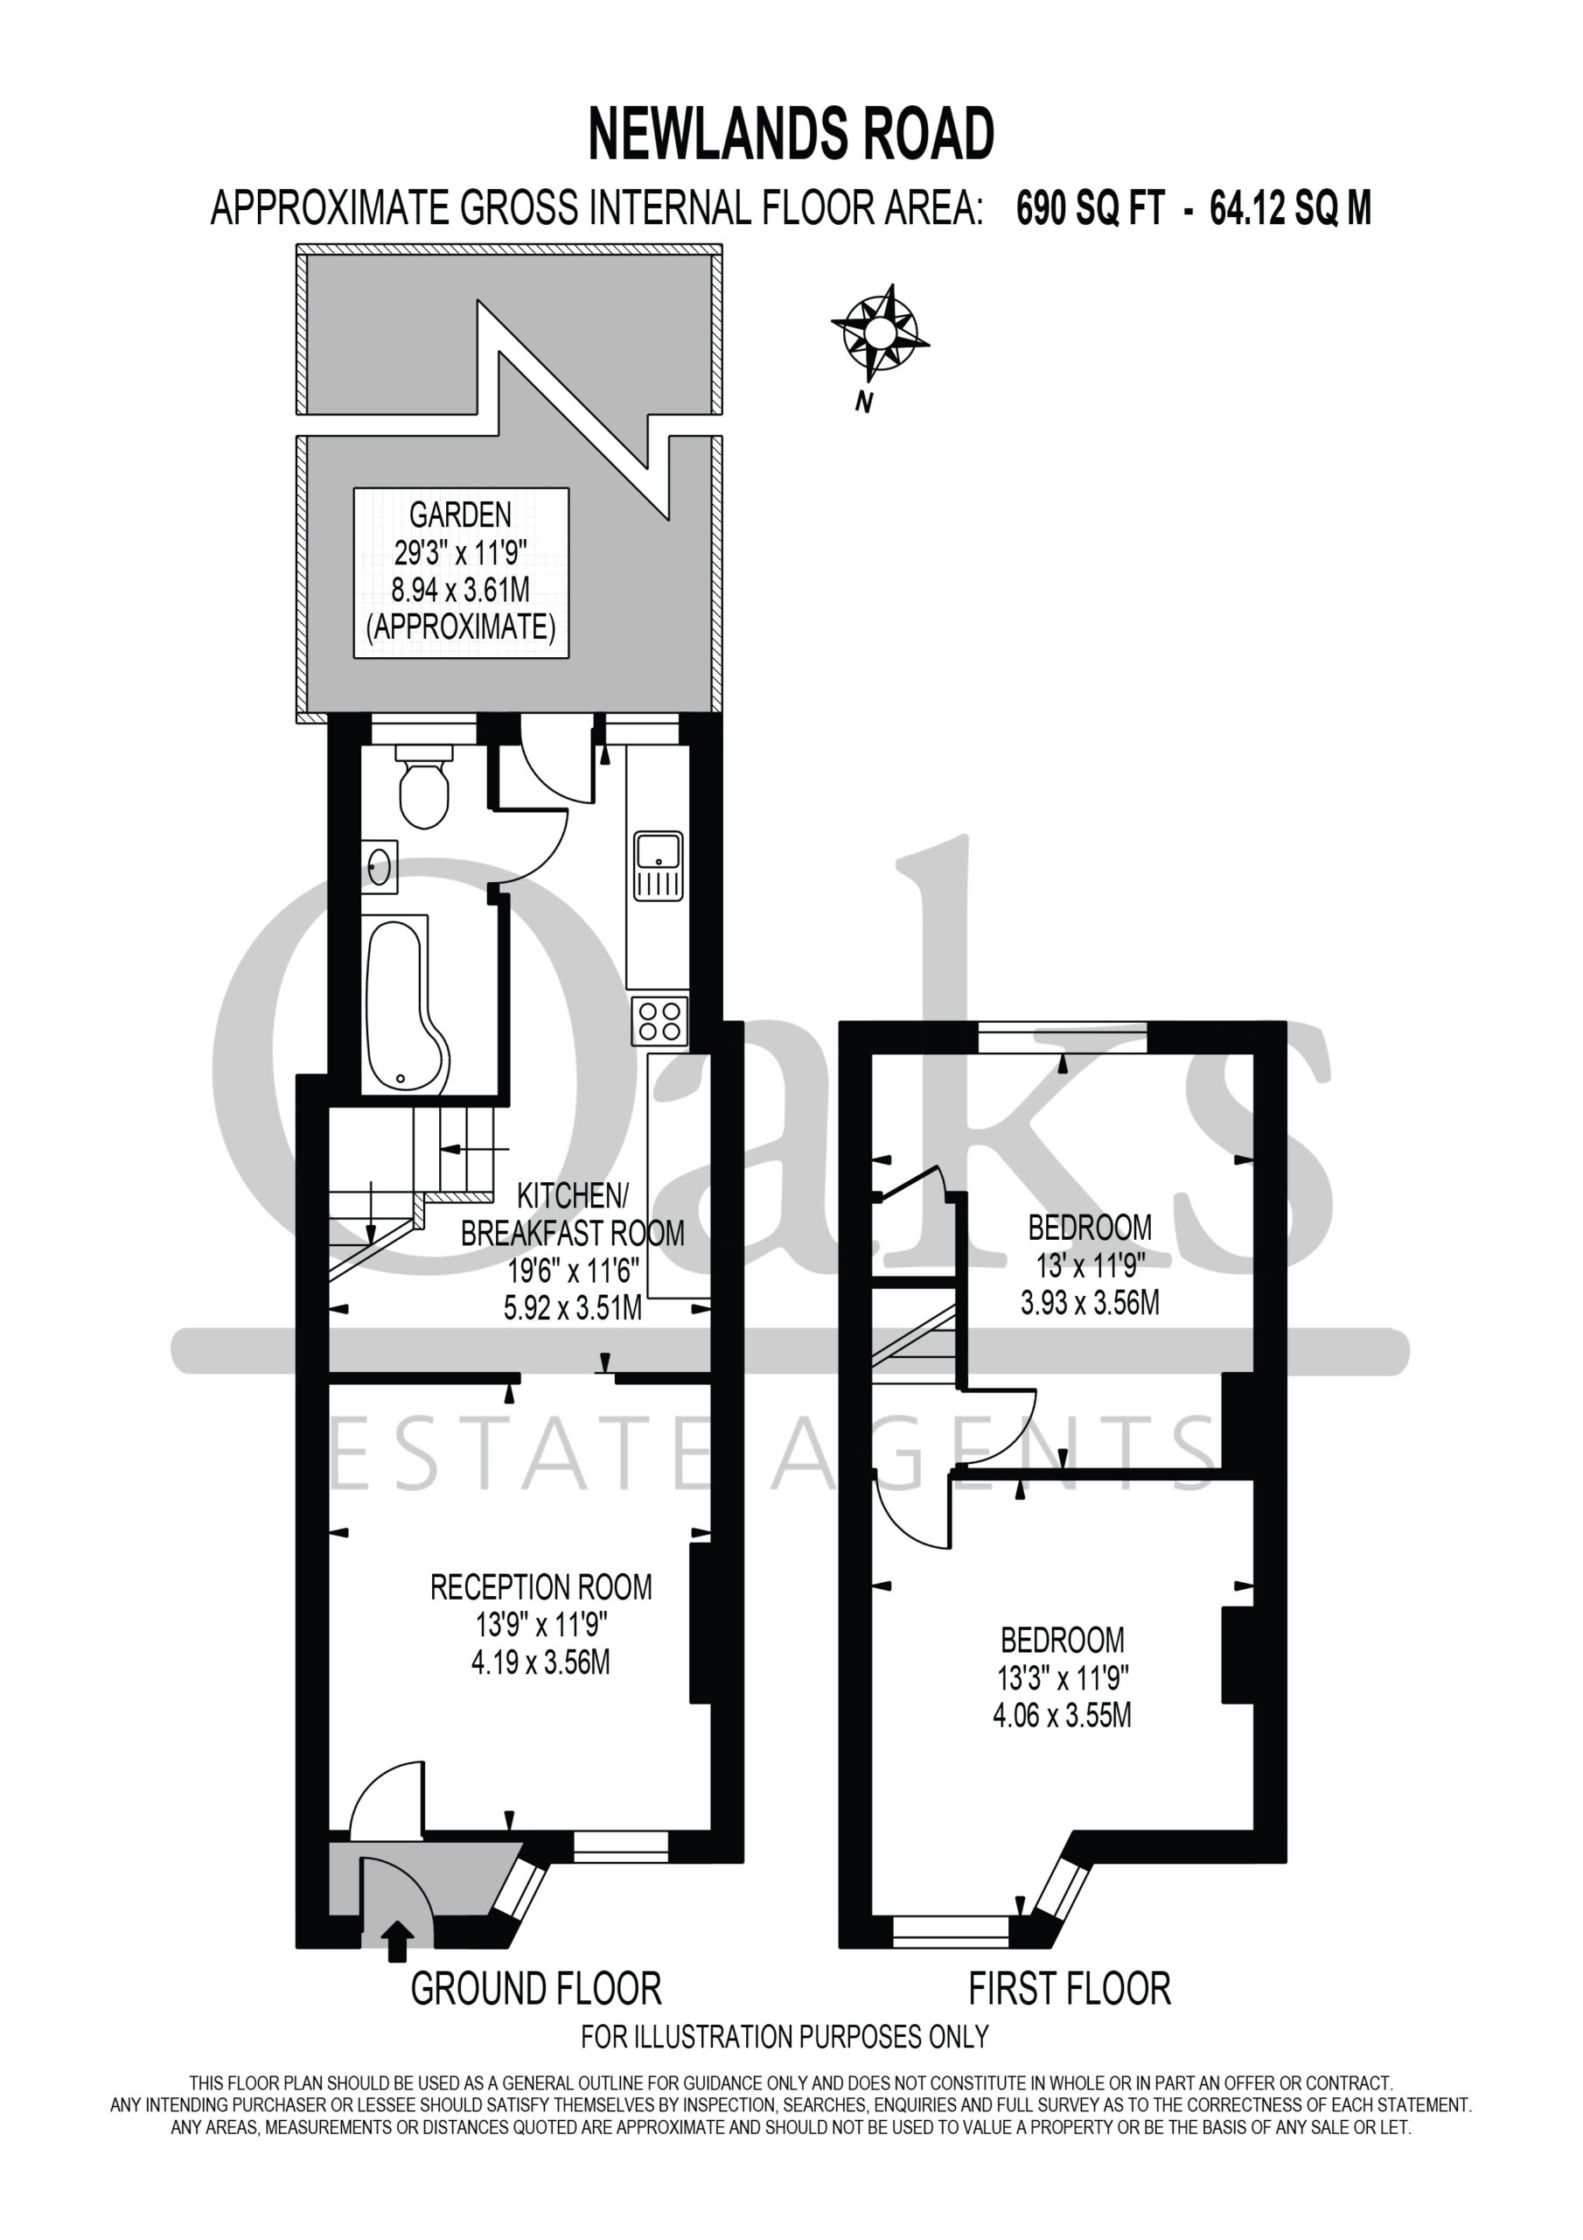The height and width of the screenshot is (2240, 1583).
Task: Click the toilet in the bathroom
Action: [424, 787]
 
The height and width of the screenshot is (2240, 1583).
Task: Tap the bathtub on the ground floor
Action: [406, 1004]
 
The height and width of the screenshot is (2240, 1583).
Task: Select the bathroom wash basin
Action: [380, 866]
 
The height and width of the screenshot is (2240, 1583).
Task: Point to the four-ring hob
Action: [659, 1020]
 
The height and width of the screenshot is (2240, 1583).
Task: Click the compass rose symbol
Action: [881, 332]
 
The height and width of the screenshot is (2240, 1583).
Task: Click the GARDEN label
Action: [460, 514]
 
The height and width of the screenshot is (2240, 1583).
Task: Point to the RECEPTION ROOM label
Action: [541, 1587]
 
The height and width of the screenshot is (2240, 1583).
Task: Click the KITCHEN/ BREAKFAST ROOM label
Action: [573, 1214]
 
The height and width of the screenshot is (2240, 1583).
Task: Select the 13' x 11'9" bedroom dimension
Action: [1091, 1265]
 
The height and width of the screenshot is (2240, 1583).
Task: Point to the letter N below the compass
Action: [863, 401]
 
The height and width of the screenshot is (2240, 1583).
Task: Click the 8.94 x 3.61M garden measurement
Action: [460, 589]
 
